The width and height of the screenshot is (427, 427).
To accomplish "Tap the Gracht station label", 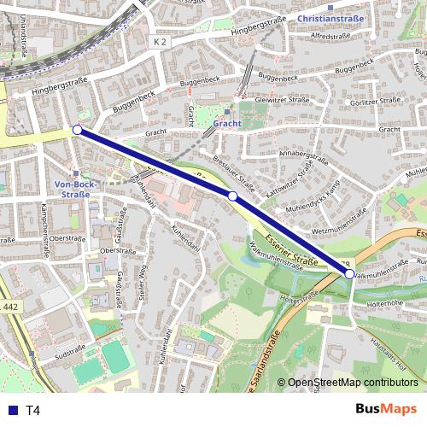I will coord(228,123).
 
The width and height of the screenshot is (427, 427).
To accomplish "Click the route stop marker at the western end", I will coord(77,130).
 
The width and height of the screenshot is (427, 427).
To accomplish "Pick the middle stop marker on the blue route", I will coord(232,196).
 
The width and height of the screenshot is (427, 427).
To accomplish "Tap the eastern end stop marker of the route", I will coord(350,273).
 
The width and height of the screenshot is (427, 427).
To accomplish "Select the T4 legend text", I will coord(32,410).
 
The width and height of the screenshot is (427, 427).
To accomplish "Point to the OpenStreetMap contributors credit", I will coord(352,383).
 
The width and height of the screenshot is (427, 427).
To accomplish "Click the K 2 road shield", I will coord(162,41).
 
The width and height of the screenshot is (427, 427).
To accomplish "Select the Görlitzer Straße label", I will coord(375,100).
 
